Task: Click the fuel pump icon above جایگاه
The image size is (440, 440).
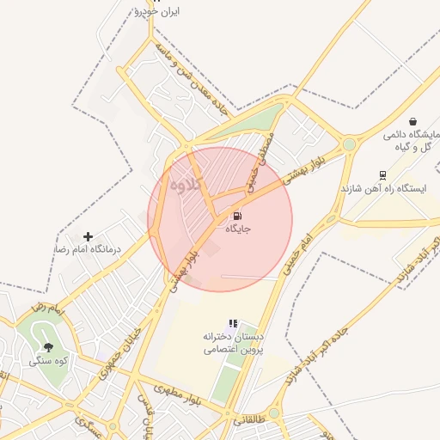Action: click(x=237, y=216)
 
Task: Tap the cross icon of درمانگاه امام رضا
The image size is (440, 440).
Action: click(x=88, y=235)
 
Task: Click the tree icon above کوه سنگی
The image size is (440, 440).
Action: click(x=47, y=348)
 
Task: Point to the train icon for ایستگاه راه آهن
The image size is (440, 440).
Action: click(x=383, y=174)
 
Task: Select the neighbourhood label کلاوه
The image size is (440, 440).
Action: click(x=185, y=183)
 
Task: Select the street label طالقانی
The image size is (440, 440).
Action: click(x=247, y=421)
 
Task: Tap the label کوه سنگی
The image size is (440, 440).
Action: click(x=47, y=362)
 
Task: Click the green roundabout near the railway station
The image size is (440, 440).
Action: click(x=349, y=144)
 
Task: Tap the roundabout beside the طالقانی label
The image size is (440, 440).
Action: click(x=273, y=413)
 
